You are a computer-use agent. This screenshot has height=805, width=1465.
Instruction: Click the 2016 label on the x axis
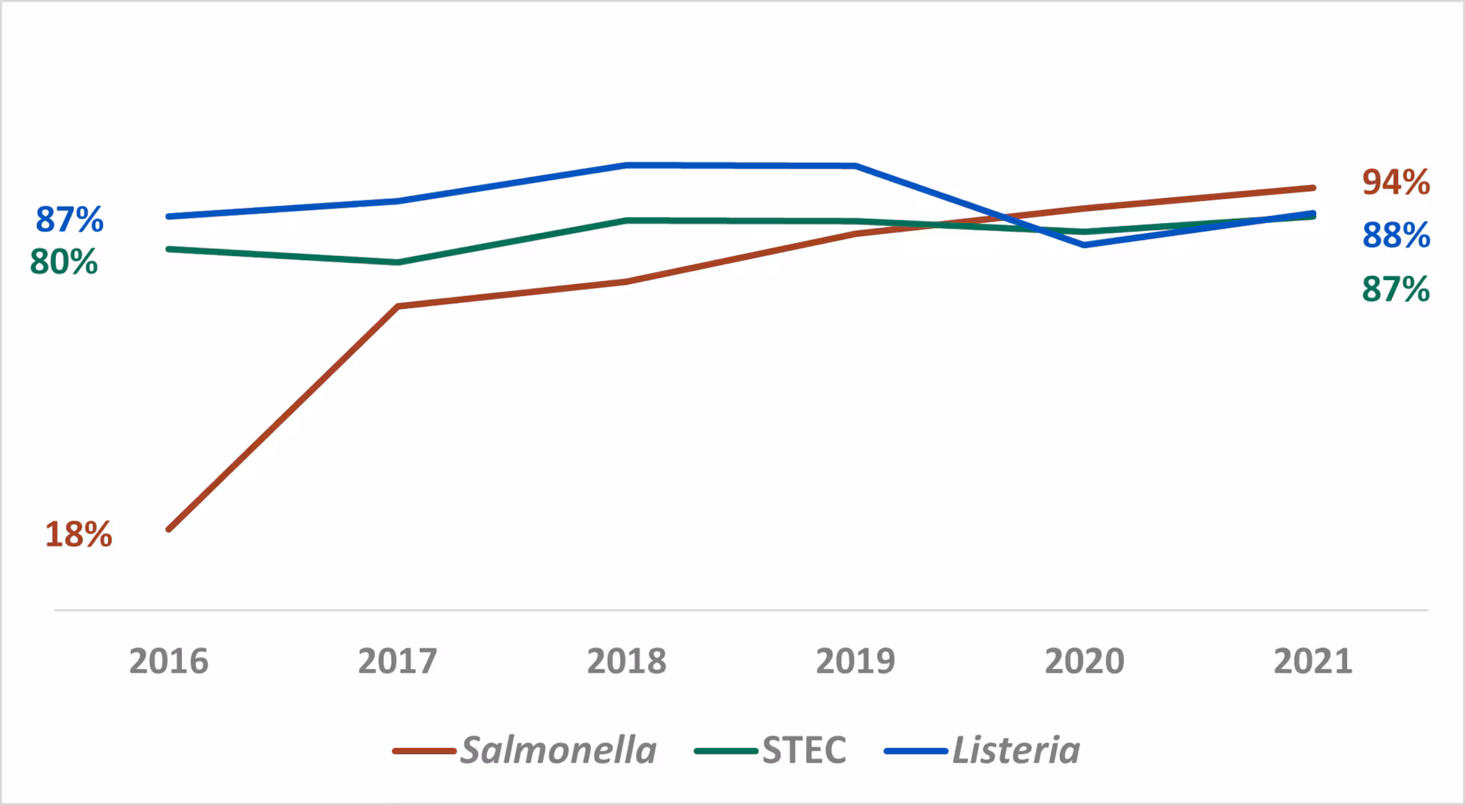pos(168,661)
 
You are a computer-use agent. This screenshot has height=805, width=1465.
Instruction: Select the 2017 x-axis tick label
pos(397,661)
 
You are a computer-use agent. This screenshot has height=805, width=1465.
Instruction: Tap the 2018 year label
pos(627,661)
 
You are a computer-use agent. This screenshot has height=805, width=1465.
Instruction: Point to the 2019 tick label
pos(856,661)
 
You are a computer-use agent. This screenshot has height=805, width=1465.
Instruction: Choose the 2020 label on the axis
pos(1084,661)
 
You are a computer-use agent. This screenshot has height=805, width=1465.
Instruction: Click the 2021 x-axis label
pos(1313,661)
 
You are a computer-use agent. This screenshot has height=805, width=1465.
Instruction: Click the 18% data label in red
pos(79,535)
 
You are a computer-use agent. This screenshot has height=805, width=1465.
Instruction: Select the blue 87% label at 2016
pos(69,219)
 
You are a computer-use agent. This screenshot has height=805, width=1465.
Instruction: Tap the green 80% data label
pos(64,262)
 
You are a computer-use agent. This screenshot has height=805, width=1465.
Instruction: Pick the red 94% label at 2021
pos(1396,182)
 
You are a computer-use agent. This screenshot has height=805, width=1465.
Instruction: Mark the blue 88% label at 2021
pos(1396,235)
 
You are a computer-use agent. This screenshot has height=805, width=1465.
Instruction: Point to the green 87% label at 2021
pos(1396,290)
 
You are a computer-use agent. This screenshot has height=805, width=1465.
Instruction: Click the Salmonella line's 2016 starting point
pos(168,530)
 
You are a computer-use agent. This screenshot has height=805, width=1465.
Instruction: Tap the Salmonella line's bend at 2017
pos(398,306)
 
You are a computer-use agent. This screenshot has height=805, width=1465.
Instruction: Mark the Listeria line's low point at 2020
pos(1084,245)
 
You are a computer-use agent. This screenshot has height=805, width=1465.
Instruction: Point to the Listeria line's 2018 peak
pos(627,165)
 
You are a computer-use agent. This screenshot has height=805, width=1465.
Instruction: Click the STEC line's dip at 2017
pos(398,262)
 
